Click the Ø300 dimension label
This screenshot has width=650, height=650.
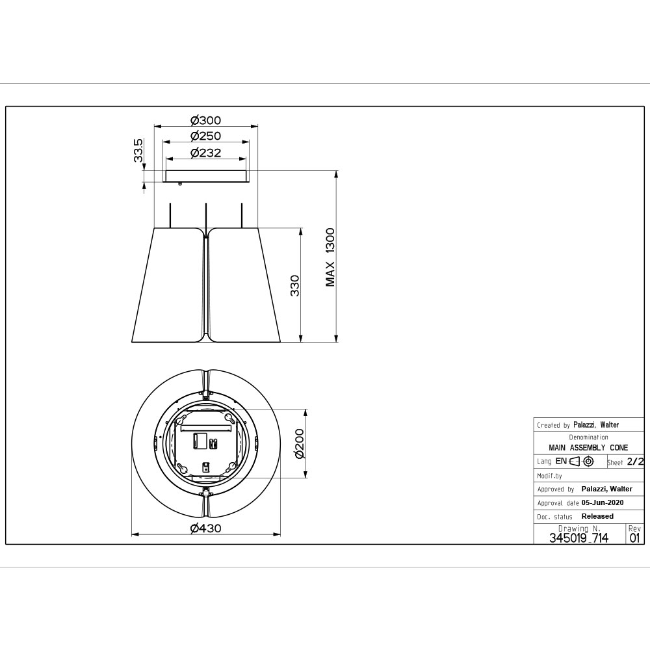click(205, 120)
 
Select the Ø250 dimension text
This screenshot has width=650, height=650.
click(205, 136)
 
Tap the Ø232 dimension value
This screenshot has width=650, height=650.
click(205, 153)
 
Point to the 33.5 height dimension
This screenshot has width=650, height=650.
click(138, 151)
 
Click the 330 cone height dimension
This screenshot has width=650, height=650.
click(294, 285)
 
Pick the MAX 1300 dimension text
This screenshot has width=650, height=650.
click(330, 257)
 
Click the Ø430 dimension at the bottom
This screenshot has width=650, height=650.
click(205, 528)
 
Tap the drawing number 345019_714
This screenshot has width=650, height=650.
click(578, 538)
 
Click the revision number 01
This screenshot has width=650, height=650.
click(634, 538)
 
